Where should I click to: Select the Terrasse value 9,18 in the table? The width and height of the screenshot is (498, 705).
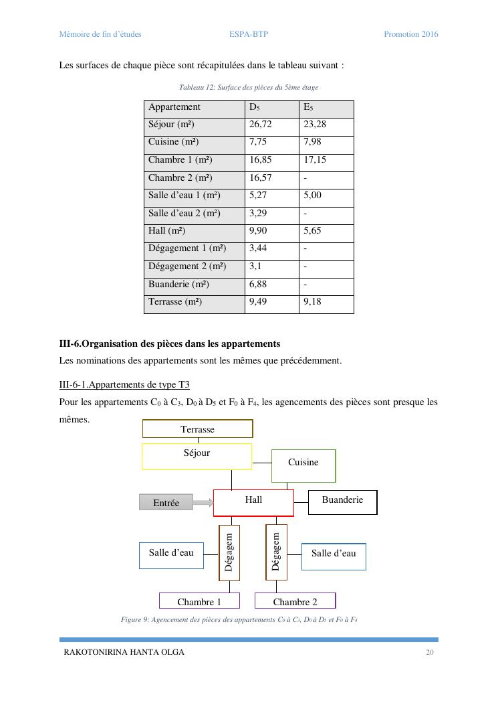point(312,302)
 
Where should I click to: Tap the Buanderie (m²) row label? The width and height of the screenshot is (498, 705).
point(175,285)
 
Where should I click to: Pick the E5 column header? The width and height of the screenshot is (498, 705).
point(308,107)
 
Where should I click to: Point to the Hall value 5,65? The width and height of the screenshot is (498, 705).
point(312,231)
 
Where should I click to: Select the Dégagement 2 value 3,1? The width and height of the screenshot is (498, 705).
point(255,266)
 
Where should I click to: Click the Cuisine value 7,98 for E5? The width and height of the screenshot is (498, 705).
point(312,142)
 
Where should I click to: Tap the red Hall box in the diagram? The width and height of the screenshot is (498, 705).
point(253,502)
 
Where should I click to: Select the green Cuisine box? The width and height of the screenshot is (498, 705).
point(303,465)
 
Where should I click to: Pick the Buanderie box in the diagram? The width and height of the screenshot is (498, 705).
point(342,502)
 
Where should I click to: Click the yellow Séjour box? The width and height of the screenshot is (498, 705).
point(197,456)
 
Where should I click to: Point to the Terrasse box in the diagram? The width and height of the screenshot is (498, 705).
point(198,428)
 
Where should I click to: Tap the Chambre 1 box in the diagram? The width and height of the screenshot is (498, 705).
point(199,601)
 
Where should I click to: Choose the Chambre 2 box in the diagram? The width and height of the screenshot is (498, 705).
point(295,601)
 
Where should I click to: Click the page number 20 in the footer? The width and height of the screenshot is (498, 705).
point(430,652)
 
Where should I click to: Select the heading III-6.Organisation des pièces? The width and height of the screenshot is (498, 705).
point(170,343)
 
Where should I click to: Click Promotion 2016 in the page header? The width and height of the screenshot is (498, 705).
point(410,34)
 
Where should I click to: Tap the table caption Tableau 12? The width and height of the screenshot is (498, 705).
point(249,88)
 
